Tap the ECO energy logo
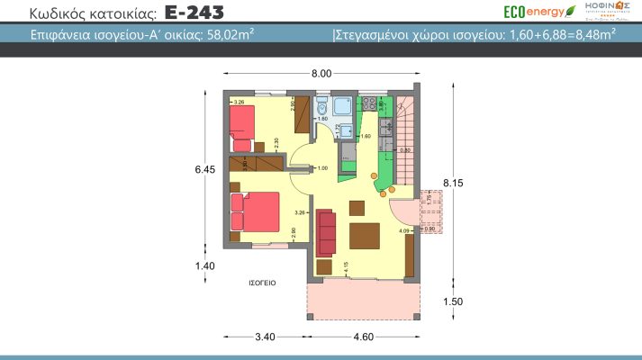pyautogui.click(x=538, y=12)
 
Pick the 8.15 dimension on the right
pyautogui.click(x=452, y=183)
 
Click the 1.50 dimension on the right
pyautogui.click(x=452, y=301)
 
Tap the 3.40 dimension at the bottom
pyautogui.click(x=265, y=337)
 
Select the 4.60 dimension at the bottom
pyautogui.click(x=365, y=337)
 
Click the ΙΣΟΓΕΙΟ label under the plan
pyautogui.click(x=262, y=283)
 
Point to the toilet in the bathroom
pyautogui.click(x=321, y=110)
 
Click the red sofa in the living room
pyautogui.click(x=326, y=231)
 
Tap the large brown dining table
pyautogui.click(x=366, y=236)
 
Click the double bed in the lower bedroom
pyautogui.click(x=256, y=211)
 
